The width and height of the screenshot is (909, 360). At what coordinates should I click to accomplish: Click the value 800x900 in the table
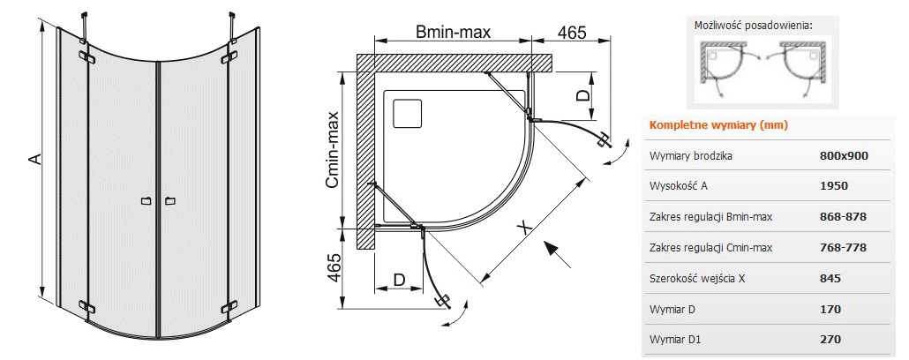pos(844,156)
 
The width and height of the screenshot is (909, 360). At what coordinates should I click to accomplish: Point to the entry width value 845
pos(830,279)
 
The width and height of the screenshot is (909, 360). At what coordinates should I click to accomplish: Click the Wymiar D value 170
pos(830,310)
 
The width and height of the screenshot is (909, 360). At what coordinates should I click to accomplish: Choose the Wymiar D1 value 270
pos(830,340)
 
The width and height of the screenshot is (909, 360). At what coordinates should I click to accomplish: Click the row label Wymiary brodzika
pos(691,156)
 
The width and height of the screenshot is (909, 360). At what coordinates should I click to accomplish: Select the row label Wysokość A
pos(680,186)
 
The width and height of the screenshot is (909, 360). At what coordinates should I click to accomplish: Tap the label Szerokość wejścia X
pos(697,279)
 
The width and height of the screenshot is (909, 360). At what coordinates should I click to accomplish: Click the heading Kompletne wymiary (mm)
pos(717,124)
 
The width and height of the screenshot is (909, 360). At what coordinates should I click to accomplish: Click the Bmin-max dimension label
pos(453,32)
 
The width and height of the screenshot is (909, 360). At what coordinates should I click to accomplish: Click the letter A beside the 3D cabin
pos(33,159)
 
